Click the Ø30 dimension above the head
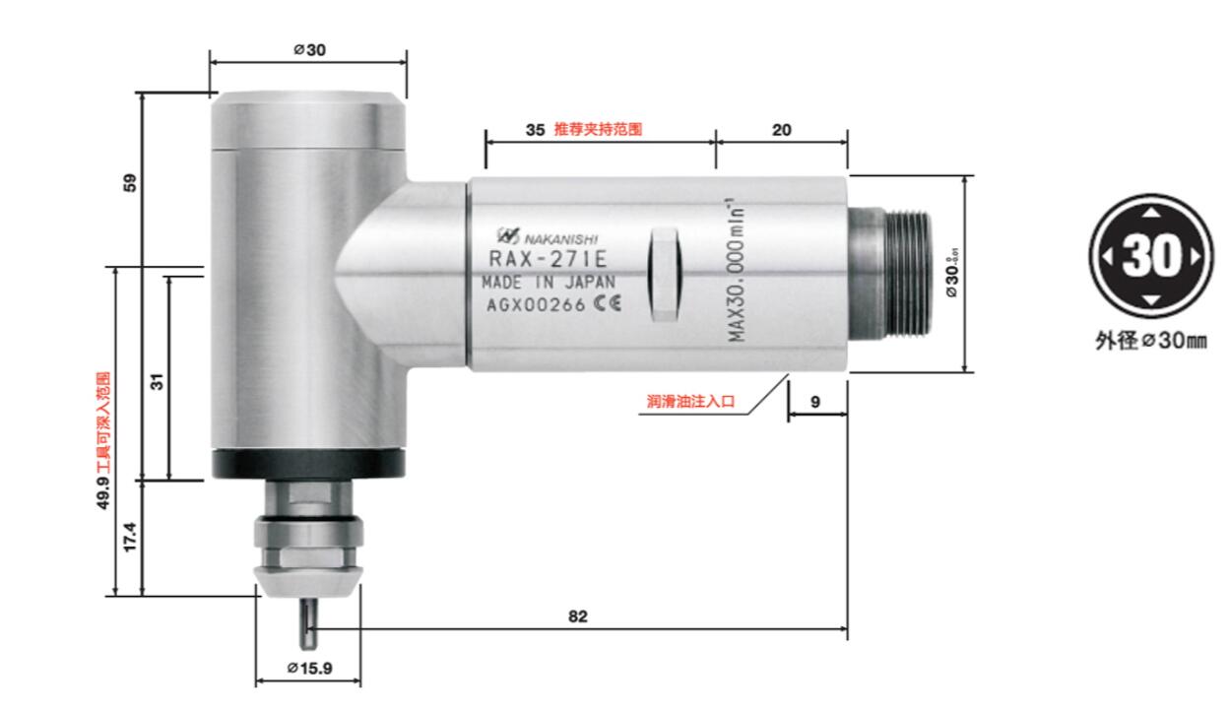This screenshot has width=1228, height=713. [x=308, y=51]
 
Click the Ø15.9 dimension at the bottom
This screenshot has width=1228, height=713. [x=309, y=668]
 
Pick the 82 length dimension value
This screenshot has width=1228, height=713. [x=578, y=616]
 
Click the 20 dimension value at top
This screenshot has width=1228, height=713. [x=781, y=129]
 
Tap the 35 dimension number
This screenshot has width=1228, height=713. [x=535, y=129]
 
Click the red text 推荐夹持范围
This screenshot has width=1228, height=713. [x=598, y=129]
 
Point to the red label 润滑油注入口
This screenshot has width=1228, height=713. [x=690, y=402]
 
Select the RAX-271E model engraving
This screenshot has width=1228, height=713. [x=548, y=260]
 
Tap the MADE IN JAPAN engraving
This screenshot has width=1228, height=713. [x=548, y=282]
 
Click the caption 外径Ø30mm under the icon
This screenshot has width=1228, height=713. [x=1150, y=340]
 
